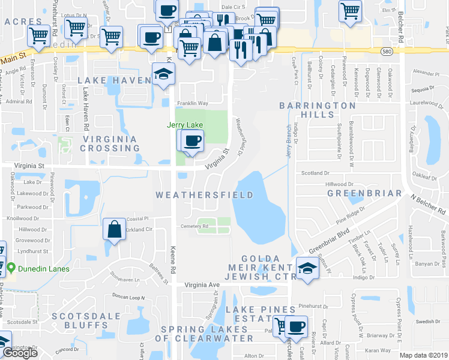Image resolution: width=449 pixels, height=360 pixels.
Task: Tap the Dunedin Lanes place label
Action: pyautogui.click(x=43, y=269)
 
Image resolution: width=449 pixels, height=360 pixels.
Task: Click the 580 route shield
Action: pyautogui.click(x=387, y=52)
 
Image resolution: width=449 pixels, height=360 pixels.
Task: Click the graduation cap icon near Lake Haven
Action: pyautogui.click(x=163, y=75)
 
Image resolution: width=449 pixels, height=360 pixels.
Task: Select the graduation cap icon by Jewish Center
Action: pyautogui.click(x=307, y=267)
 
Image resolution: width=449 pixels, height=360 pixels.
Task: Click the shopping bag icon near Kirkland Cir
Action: pyautogui.click(x=114, y=229)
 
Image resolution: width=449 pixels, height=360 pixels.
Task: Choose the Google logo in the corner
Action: pyautogui.click(x=20, y=353)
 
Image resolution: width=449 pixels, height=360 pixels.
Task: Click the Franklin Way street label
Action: pyautogui.click(x=191, y=103)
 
